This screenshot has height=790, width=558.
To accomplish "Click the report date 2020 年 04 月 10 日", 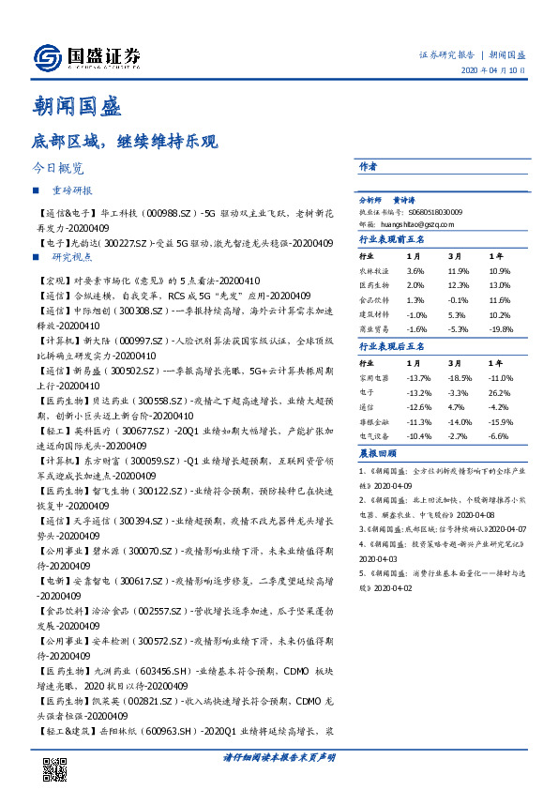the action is coord(492,70).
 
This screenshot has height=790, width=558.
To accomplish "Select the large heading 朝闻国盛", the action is coord(77,107).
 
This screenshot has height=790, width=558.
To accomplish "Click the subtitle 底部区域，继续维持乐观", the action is coord(125,143).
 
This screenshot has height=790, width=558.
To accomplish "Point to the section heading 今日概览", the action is coord(58,169).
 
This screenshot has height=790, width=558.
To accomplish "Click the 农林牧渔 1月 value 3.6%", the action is coord(416,270).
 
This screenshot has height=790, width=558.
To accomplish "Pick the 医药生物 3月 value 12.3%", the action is coord(460,284).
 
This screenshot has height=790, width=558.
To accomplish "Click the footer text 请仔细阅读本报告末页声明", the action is coord(279,756).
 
